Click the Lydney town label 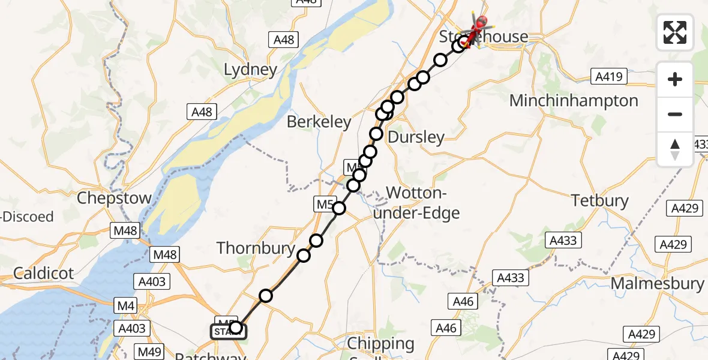click(x=250, y=70)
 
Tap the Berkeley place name click(x=319, y=122)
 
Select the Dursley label click(x=416, y=137)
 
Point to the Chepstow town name click(x=115, y=198)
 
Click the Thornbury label click(x=256, y=248)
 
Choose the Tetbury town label click(x=600, y=200)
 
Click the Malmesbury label click(x=657, y=283)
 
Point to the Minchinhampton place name click(x=574, y=101)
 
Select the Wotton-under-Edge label click(x=423, y=203)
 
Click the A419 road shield click(x=608, y=76)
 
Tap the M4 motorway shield click(x=126, y=307)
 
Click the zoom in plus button click(x=675, y=79)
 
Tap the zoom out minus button click(x=675, y=114)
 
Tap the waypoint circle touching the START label click(x=236, y=327)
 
